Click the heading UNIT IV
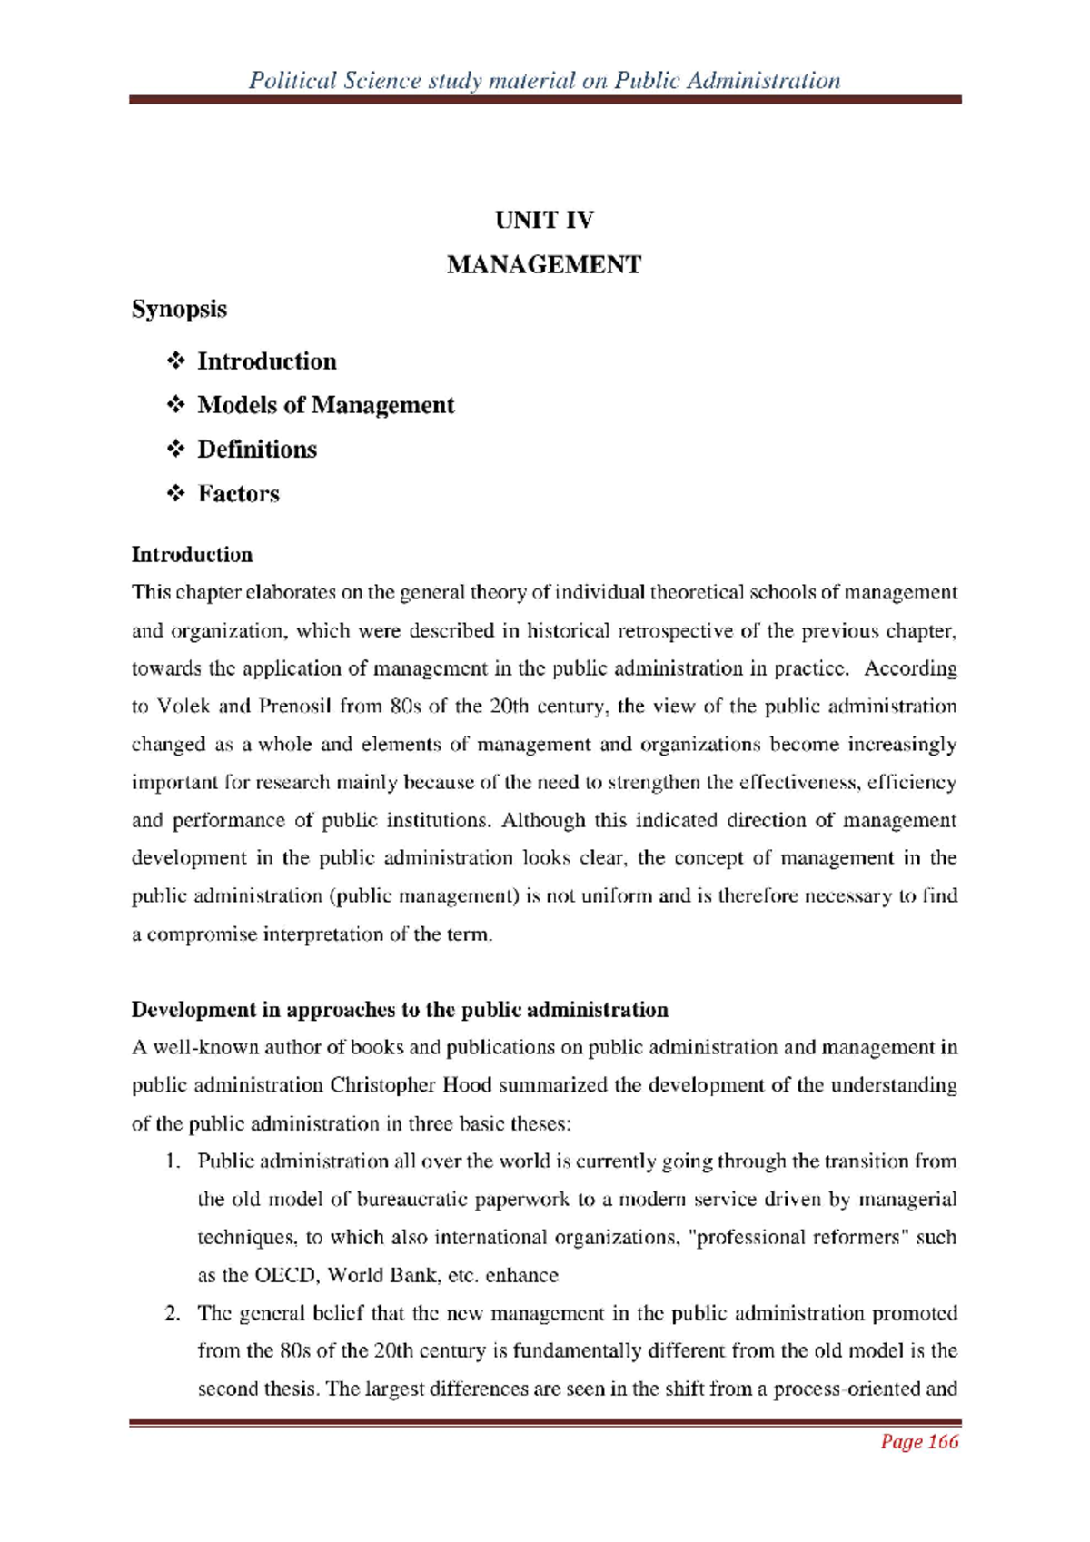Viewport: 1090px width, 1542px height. pyautogui.click(x=544, y=220)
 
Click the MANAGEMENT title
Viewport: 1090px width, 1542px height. pyautogui.click(x=544, y=265)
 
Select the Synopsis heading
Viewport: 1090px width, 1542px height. pyautogui.click(x=179, y=309)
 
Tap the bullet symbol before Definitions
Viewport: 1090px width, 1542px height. pyautogui.click(x=176, y=450)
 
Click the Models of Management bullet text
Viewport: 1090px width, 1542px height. pyautogui.click(x=325, y=405)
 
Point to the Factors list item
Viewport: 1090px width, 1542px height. pyautogui.click(x=239, y=494)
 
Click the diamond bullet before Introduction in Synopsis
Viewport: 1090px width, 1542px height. pyautogui.click(x=176, y=361)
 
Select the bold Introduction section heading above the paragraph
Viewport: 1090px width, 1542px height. pyautogui.click(x=192, y=555)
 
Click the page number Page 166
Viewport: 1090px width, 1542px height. pyautogui.click(x=919, y=1442)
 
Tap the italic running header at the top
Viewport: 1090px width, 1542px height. pyautogui.click(x=544, y=81)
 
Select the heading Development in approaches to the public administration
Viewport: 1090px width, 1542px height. pyautogui.click(x=400, y=1010)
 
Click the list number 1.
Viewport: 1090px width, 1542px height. pyautogui.click(x=171, y=1161)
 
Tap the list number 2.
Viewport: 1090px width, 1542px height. pyautogui.click(x=171, y=1313)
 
